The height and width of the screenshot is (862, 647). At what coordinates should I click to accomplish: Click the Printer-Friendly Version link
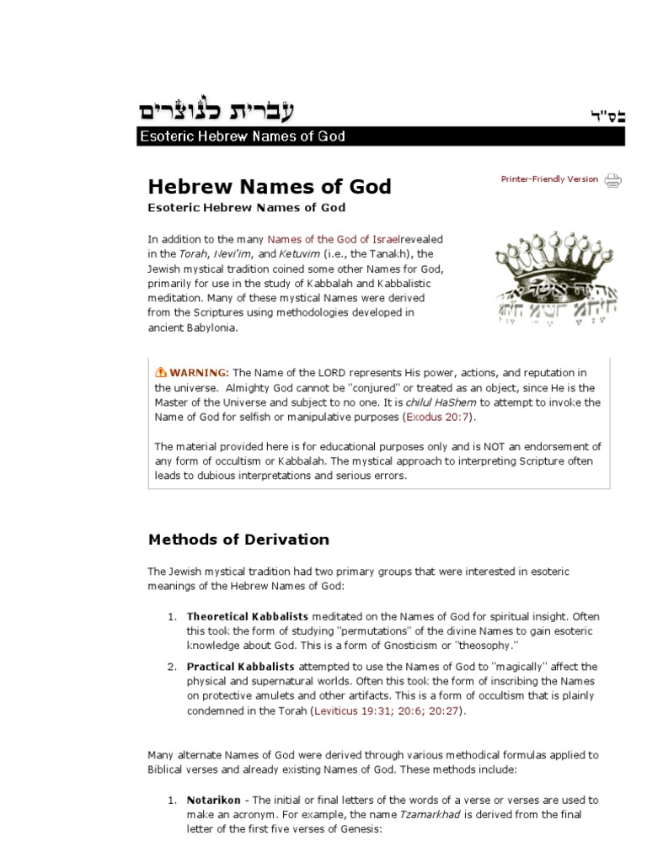click(x=549, y=179)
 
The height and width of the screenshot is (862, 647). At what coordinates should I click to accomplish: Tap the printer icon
click(x=613, y=179)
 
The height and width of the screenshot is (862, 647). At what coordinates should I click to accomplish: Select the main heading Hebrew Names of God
click(x=270, y=187)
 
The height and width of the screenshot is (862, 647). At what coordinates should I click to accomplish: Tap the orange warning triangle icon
click(x=160, y=373)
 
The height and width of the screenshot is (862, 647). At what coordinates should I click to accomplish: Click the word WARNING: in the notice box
click(x=200, y=373)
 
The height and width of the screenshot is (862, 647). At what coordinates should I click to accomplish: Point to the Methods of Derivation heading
click(x=238, y=540)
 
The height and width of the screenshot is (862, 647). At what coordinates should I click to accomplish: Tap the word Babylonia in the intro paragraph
click(x=210, y=328)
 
